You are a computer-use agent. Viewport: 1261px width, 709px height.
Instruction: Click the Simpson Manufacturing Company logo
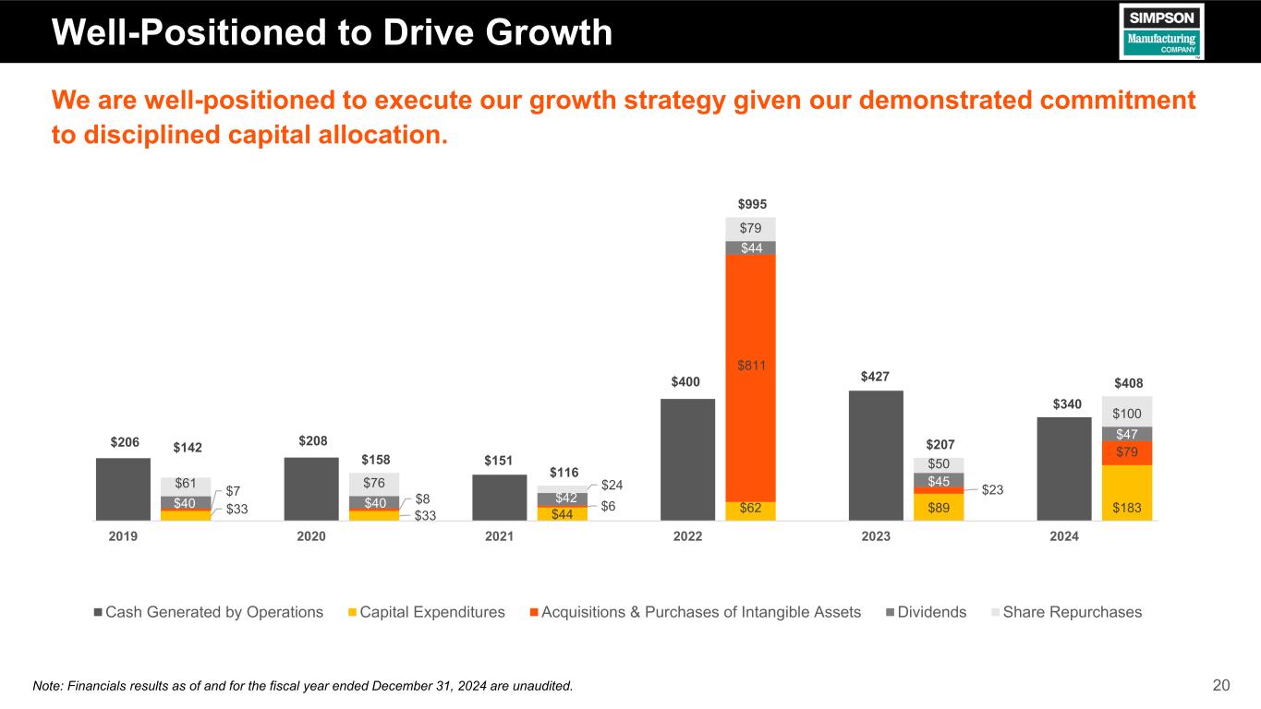click(1161, 31)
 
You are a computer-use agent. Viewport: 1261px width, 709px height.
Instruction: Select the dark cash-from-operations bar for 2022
click(688, 459)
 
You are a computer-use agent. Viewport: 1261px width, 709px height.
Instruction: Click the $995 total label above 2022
click(752, 204)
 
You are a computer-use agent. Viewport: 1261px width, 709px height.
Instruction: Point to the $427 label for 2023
click(876, 376)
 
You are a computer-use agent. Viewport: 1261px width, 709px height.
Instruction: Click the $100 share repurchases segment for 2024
click(1127, 412)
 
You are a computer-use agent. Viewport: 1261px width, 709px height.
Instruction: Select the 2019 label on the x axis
click(123, 535)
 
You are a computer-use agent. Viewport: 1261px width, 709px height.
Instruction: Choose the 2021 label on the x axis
click(499, 535)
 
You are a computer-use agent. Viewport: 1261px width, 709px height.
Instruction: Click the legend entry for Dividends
click(927, 612)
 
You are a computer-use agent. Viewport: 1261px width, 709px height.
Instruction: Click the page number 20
click(1221, 685)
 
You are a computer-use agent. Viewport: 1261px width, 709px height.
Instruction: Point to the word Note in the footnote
click(47, 685)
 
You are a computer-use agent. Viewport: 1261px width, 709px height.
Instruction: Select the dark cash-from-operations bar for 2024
click(1064, 469)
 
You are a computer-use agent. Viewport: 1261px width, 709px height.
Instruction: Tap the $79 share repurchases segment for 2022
click(750, 228)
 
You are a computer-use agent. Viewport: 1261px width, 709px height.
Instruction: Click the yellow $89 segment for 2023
click(939, 507)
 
